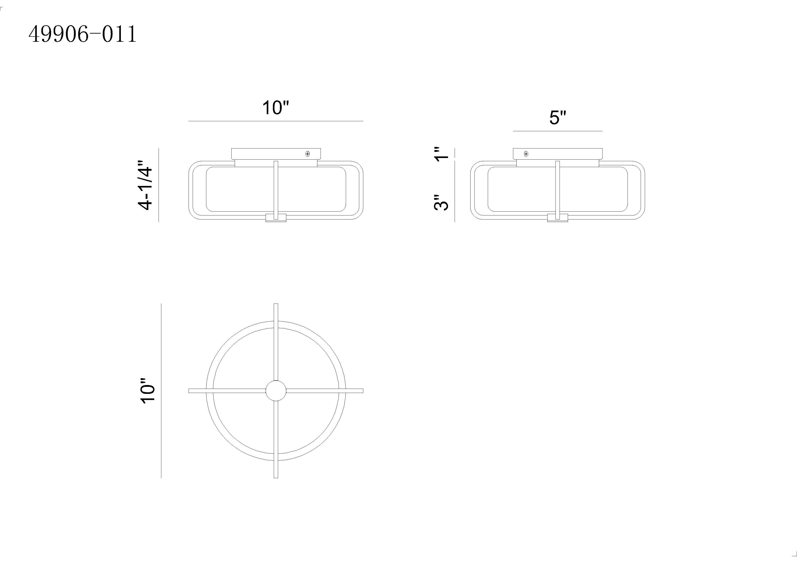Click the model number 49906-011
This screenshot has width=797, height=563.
83,34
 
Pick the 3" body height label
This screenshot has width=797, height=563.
441,202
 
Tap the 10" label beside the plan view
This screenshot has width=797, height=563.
147,391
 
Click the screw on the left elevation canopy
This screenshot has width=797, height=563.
308,154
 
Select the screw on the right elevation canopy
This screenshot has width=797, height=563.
526,154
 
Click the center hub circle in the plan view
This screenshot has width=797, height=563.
276,391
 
